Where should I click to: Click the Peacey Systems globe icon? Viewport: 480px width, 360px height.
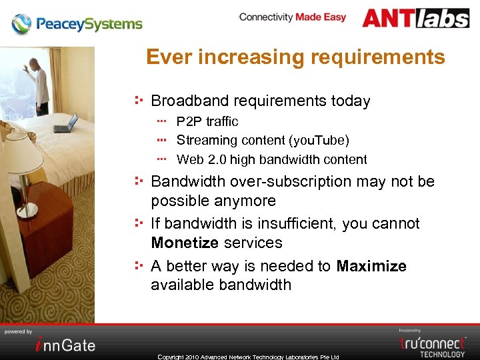click(x=21, y=24)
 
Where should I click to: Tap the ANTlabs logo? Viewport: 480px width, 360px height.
click(x=416, y=18)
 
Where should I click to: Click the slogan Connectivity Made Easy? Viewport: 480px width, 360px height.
click(x=293, y=17)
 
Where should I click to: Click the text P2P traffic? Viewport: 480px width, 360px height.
click(x=207, y=121)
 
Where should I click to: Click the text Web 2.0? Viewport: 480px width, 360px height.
click(x=201, y=160)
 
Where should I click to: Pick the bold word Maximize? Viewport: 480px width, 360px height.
click(x=371, y=266)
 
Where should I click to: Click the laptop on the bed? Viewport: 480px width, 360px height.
click(x=67, y=123)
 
